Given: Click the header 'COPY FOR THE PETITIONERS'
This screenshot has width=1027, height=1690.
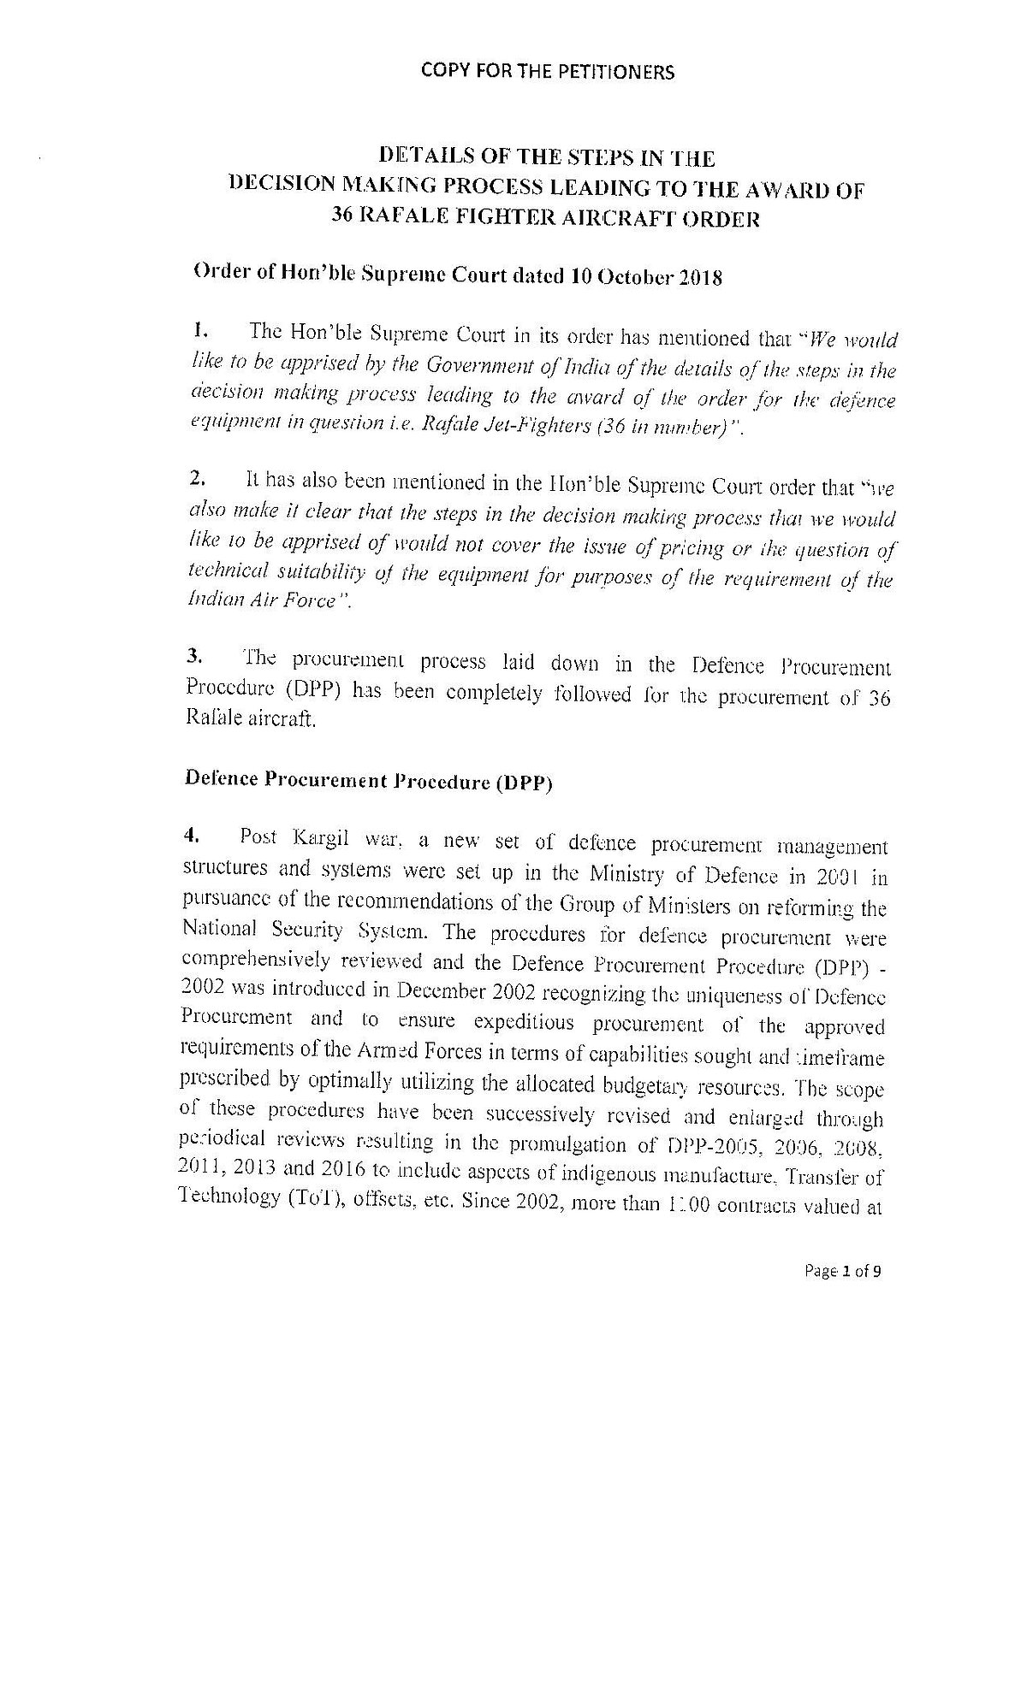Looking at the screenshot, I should point(548,72).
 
